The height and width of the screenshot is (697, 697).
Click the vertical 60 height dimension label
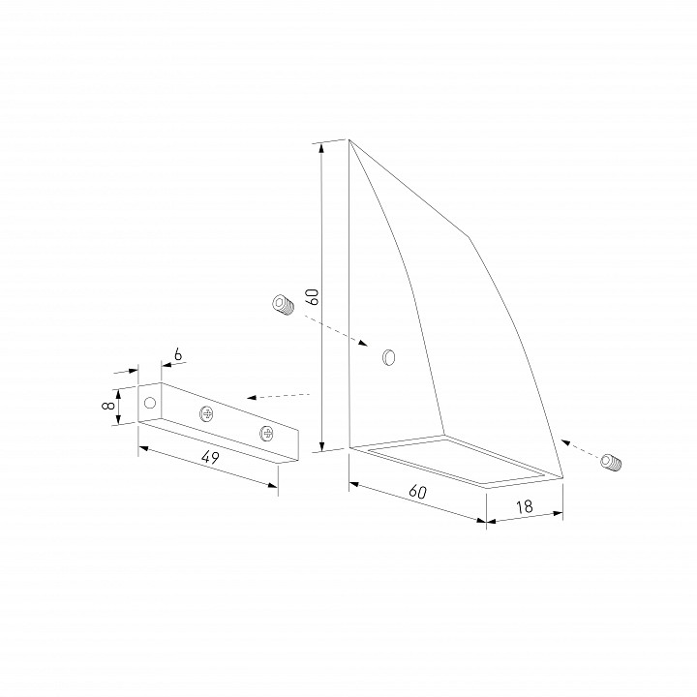click(314, 296)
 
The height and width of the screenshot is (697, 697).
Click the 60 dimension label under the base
click(417, 492)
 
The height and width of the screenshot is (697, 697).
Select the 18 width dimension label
click(525, 506)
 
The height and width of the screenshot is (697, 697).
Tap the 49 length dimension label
click(210, 457)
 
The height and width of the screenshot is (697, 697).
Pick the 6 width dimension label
click(178, 354)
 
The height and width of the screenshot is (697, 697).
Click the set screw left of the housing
click(283, 305)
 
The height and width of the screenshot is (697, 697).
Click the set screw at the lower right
click(611, 462)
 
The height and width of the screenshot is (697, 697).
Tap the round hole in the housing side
click(389, 357)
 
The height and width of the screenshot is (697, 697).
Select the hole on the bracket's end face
click(150, 403)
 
